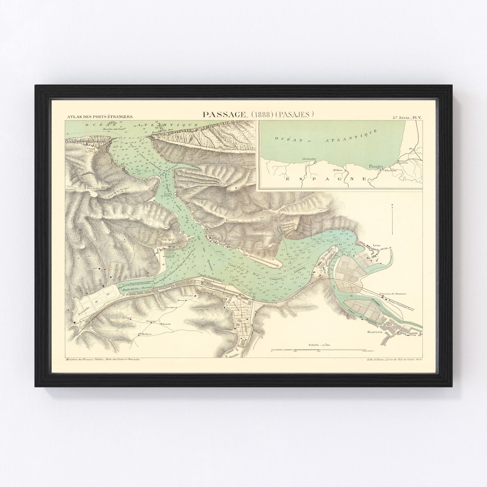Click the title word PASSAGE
pos(224,115)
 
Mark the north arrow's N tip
pos(392,206)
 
